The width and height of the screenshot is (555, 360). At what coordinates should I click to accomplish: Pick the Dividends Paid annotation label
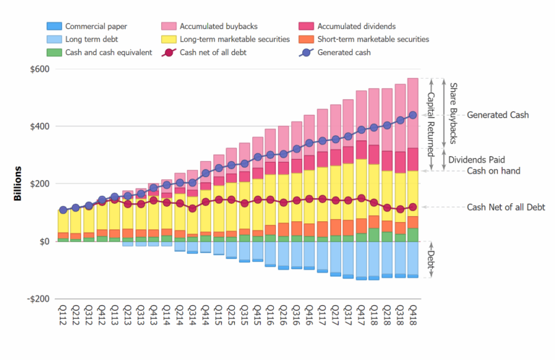pos(475,159)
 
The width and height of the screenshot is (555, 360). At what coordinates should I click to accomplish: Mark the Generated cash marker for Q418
pos(413,115)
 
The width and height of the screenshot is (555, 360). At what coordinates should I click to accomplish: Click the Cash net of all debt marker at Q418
pos(413,207)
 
